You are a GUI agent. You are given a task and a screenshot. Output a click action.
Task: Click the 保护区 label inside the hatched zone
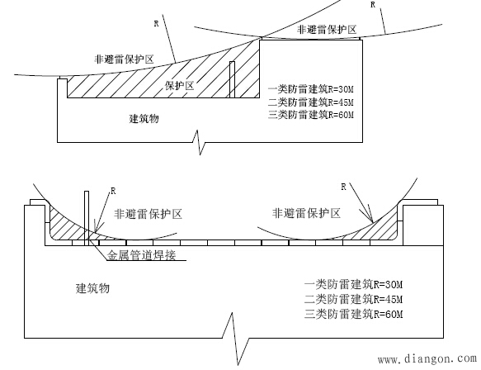click(179, 85)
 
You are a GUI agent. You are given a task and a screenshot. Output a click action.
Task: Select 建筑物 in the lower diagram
click(93, 289)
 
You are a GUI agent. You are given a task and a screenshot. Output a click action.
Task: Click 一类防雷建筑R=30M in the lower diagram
click(352, 286)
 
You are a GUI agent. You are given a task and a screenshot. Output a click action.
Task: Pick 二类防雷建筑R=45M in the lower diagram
click(352, 300)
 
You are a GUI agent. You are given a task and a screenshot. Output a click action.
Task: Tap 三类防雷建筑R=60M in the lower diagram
click(352, 314)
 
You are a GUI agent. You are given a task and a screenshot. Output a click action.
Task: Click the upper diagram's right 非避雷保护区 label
click(327, 30)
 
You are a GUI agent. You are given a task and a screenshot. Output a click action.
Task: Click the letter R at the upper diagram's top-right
click(374, 5)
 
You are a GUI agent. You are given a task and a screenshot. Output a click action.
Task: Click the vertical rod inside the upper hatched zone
click(233, 80)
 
